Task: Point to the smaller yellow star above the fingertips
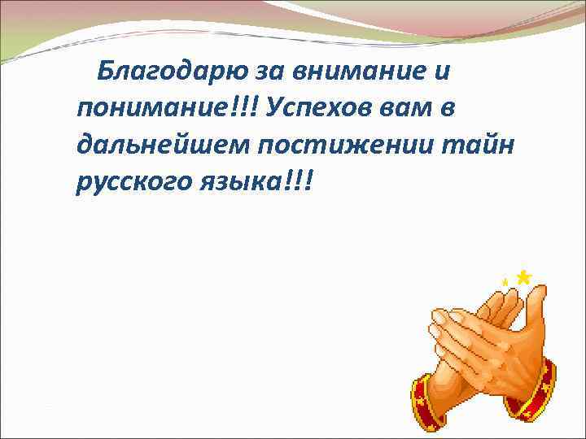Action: (505, 281)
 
